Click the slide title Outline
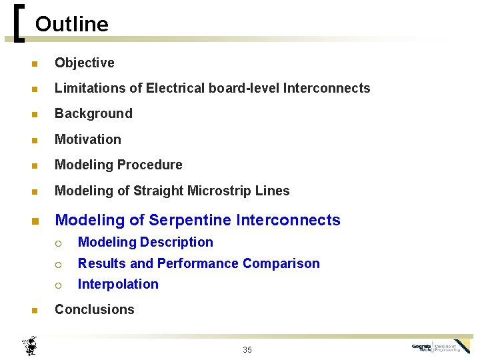click(x=71, y=25)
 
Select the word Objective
click(x=84, y=63)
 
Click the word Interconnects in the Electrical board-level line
click(x=327, y=88)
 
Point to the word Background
click(x=93, y=113)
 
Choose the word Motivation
click(x=88, y=139)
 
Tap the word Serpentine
click(x=190, y=220)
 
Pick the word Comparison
click(x=281, y=263)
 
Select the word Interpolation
click(x=118, y=284)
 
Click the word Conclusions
click(x=94, y=309)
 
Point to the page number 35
click(x=247, y=350)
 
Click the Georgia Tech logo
click(x=441, y=347)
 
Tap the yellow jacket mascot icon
click(x=29, y=346)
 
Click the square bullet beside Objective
click(x=33, y=64)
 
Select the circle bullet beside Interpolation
click(x=58, y=285)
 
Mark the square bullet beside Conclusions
click(x=33, y=311)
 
